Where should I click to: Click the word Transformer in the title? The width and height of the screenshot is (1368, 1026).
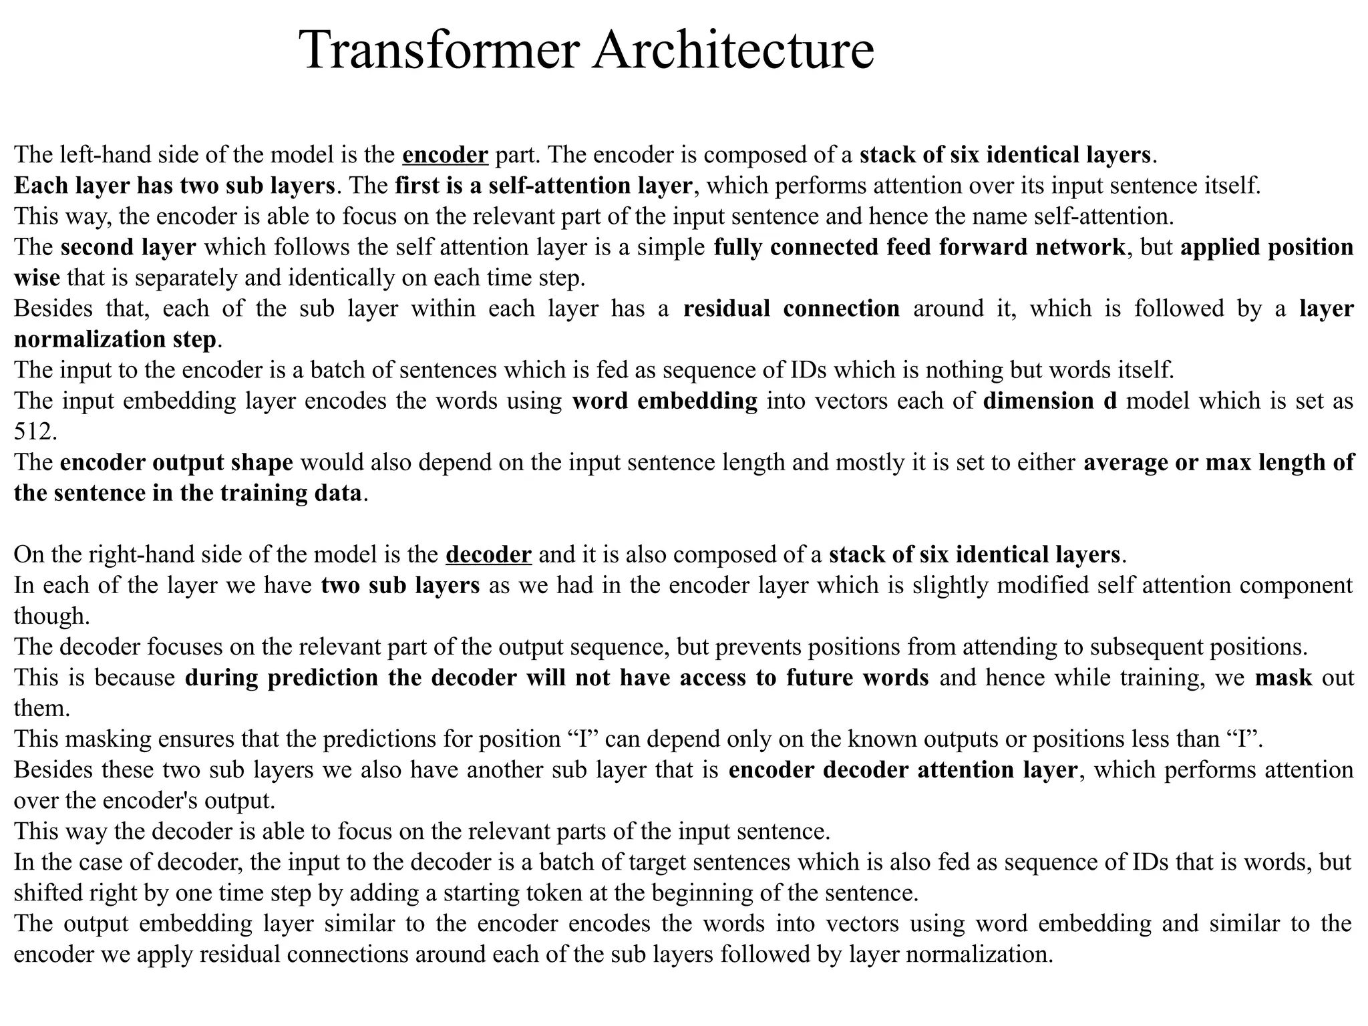click(x=438, y=50)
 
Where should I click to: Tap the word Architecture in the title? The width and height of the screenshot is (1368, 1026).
click(x=733, y=50)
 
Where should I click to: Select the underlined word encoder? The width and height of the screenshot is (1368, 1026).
click(x=446, y=155)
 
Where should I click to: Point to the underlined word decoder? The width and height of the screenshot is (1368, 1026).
click(x=488, y=555)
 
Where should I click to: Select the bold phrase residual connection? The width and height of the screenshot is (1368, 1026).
click(x=792, y=309)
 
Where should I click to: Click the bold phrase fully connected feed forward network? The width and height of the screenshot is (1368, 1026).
click(x=919, y=247)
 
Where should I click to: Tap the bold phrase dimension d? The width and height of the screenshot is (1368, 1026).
click(x=1050, y=401)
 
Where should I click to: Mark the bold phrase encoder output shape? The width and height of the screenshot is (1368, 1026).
click(x=176, y=462)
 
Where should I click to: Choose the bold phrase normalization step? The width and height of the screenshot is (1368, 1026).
click(x=116, y=339)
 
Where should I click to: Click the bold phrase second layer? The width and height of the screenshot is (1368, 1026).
click(x=128, y=247)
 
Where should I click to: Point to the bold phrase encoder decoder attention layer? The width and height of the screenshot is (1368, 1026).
click(x=902, y=770)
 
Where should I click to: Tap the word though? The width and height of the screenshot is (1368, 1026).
click(x=51, y=616)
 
